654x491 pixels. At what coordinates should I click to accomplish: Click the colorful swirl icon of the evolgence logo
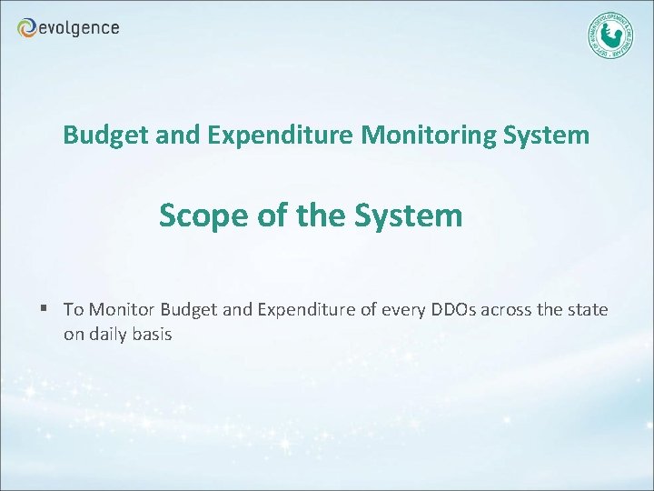[x=27, y=28]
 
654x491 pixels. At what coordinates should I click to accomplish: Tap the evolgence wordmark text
[x=79, y=28]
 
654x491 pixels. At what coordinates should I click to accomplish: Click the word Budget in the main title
[x=98, y=136]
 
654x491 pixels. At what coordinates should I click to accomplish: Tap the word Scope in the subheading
[x=196, y=216]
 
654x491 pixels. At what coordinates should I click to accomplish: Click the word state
[x=589, y=310]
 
